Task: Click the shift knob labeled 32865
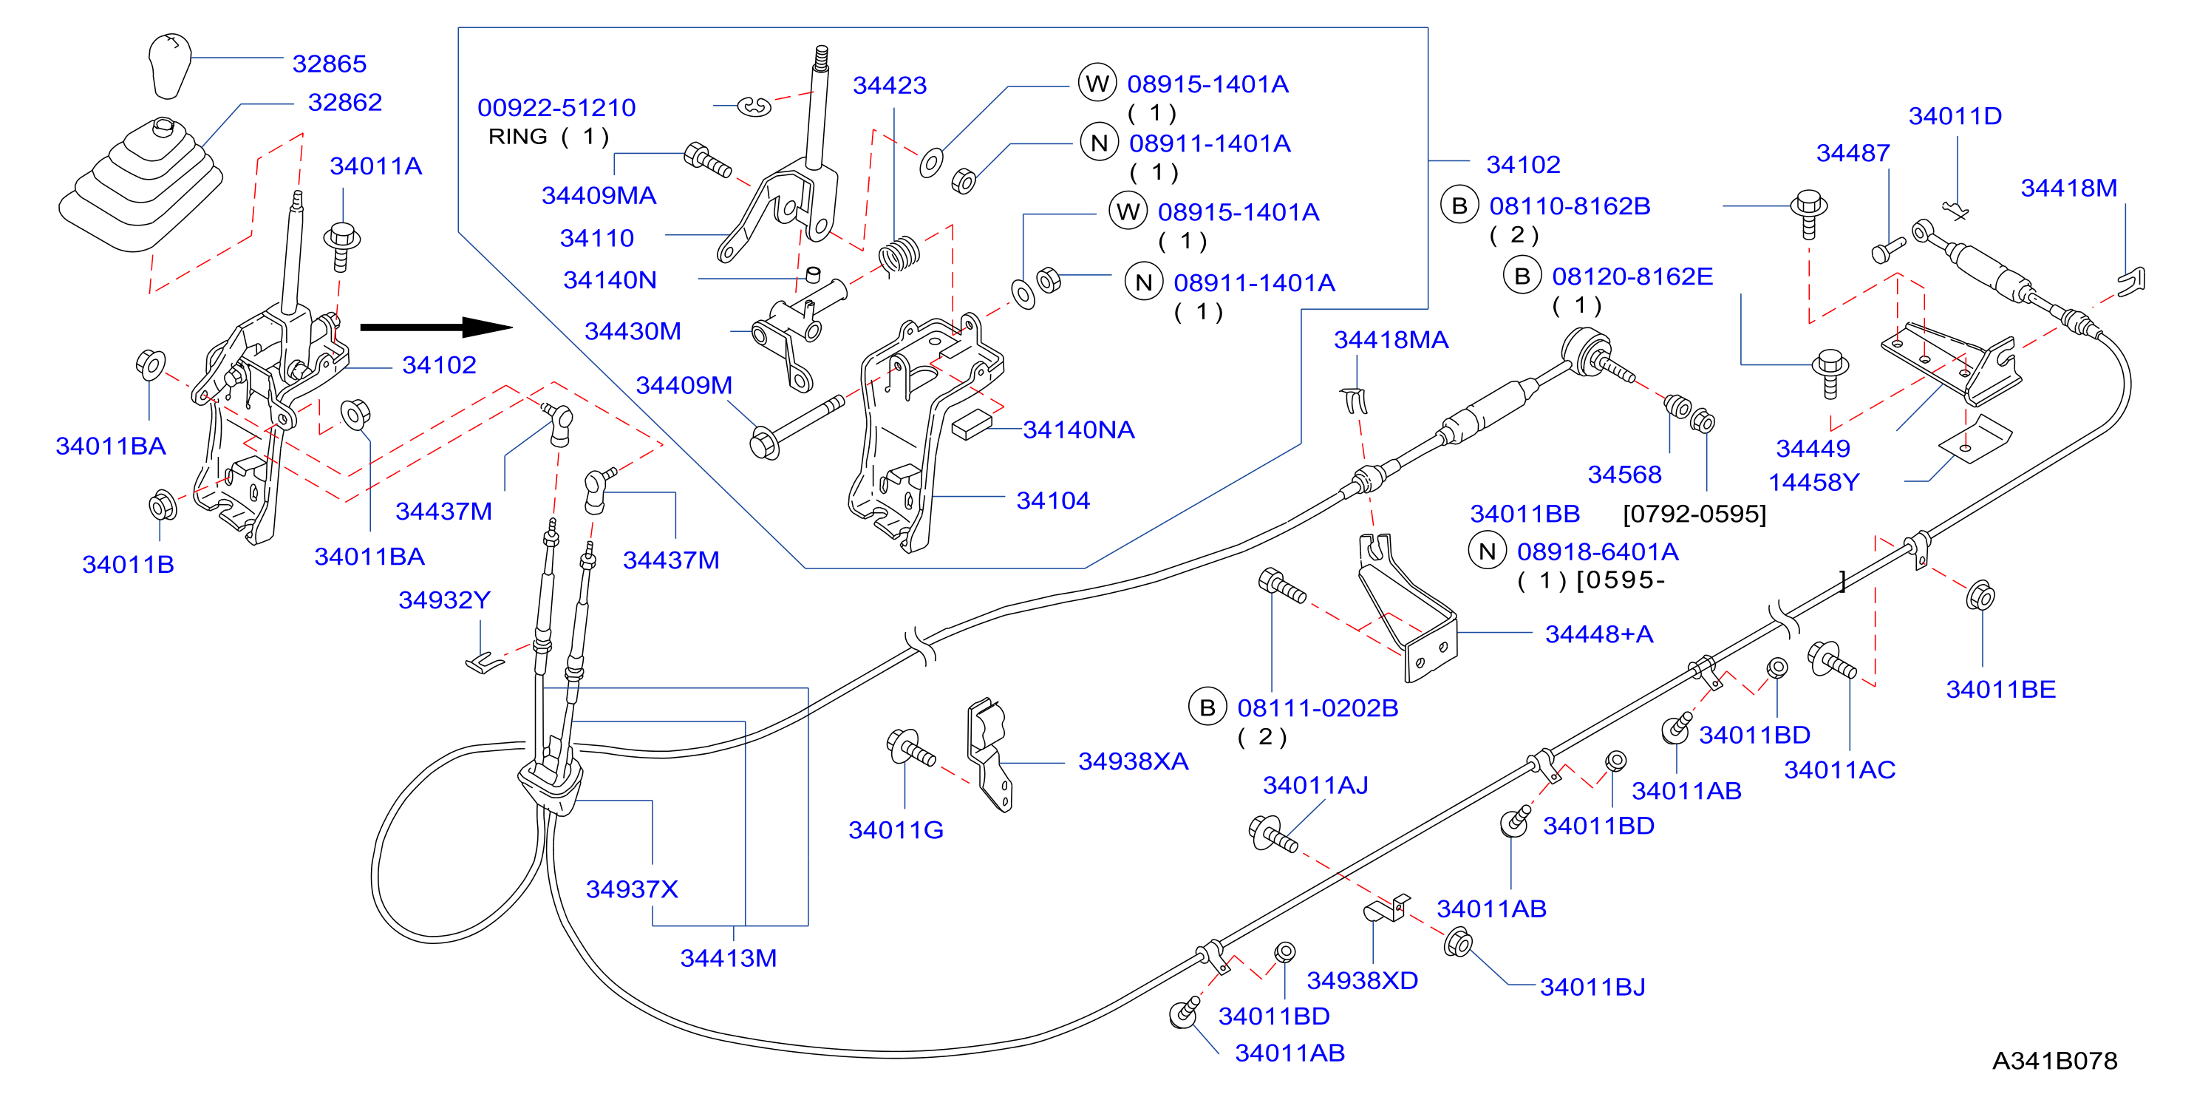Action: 169,65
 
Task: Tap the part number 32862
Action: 345,102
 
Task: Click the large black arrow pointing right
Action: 436,327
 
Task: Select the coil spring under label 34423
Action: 899,254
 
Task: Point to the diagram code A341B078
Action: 2055,1061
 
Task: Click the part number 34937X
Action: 632,889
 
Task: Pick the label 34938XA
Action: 1133,761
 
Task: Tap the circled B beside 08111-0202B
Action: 1207,707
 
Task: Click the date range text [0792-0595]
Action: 1694,514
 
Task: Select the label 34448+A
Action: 1599,634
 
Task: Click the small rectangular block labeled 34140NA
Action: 972,424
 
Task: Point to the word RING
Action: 517,137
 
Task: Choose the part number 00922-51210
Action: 556,107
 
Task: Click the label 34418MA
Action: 1391,340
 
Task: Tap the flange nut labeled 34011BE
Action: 1980,595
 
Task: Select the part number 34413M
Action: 728,958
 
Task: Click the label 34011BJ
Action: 1592,987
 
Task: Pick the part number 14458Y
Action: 1813,483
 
